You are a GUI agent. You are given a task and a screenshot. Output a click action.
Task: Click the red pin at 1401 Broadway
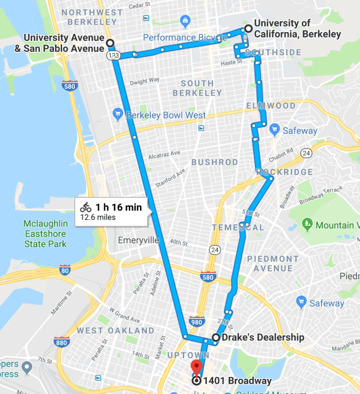(196, 366)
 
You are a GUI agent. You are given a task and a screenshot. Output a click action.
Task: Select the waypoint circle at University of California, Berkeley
(247, 29)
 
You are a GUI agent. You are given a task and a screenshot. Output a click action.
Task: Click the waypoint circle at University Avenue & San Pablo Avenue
(110, 43)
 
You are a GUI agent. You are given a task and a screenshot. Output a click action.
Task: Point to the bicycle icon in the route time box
(85, 207)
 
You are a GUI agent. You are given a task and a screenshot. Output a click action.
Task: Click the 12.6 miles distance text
(99, 217)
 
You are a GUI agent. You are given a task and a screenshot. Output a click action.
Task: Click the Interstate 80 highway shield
(65, 270)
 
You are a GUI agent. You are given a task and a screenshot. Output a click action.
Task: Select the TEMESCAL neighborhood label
(238, 227)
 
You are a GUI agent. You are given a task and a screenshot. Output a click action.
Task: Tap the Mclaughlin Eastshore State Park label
(46, 234)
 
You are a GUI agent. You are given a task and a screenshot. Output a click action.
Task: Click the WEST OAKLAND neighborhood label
(115, 330)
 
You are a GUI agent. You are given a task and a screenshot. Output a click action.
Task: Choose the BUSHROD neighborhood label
(215, 162)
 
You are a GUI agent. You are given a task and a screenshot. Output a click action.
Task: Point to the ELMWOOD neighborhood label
(271, 106)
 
